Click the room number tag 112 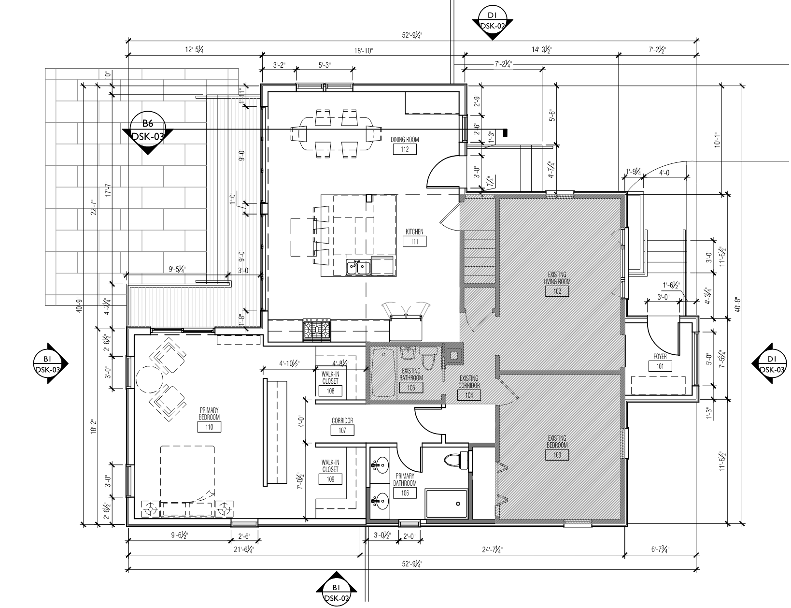click(x=404, y=149)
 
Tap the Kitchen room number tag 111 click(x=414, y=242)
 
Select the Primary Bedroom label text click(x=209, y=414)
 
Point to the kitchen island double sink click(x=358, y=268)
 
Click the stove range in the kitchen click(x=317, y=330)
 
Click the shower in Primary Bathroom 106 click(x=446, y=504)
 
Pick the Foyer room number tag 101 click(x=660, y=366)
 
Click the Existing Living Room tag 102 click(x=557, y=291)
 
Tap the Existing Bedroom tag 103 click(x=557, y=455)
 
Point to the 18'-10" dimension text click(x=364, y=51)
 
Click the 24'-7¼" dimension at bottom click(x=493, y=550)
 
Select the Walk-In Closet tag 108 click(x=330, y=391)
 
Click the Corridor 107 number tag click(x=342, y=431)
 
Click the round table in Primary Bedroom click(x=150, y=379)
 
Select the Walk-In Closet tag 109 click(x=330, y=479)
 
